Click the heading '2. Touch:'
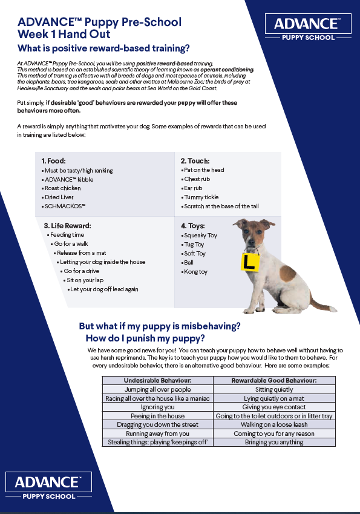[195, 161]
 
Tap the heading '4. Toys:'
[194, 225]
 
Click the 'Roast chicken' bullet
[62, 188]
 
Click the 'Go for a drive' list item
[83, 271]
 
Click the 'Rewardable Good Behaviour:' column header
[274, 380]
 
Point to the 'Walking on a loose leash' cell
[274, 425]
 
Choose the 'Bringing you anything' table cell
[274, 443]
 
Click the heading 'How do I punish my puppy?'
[145, 338]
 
